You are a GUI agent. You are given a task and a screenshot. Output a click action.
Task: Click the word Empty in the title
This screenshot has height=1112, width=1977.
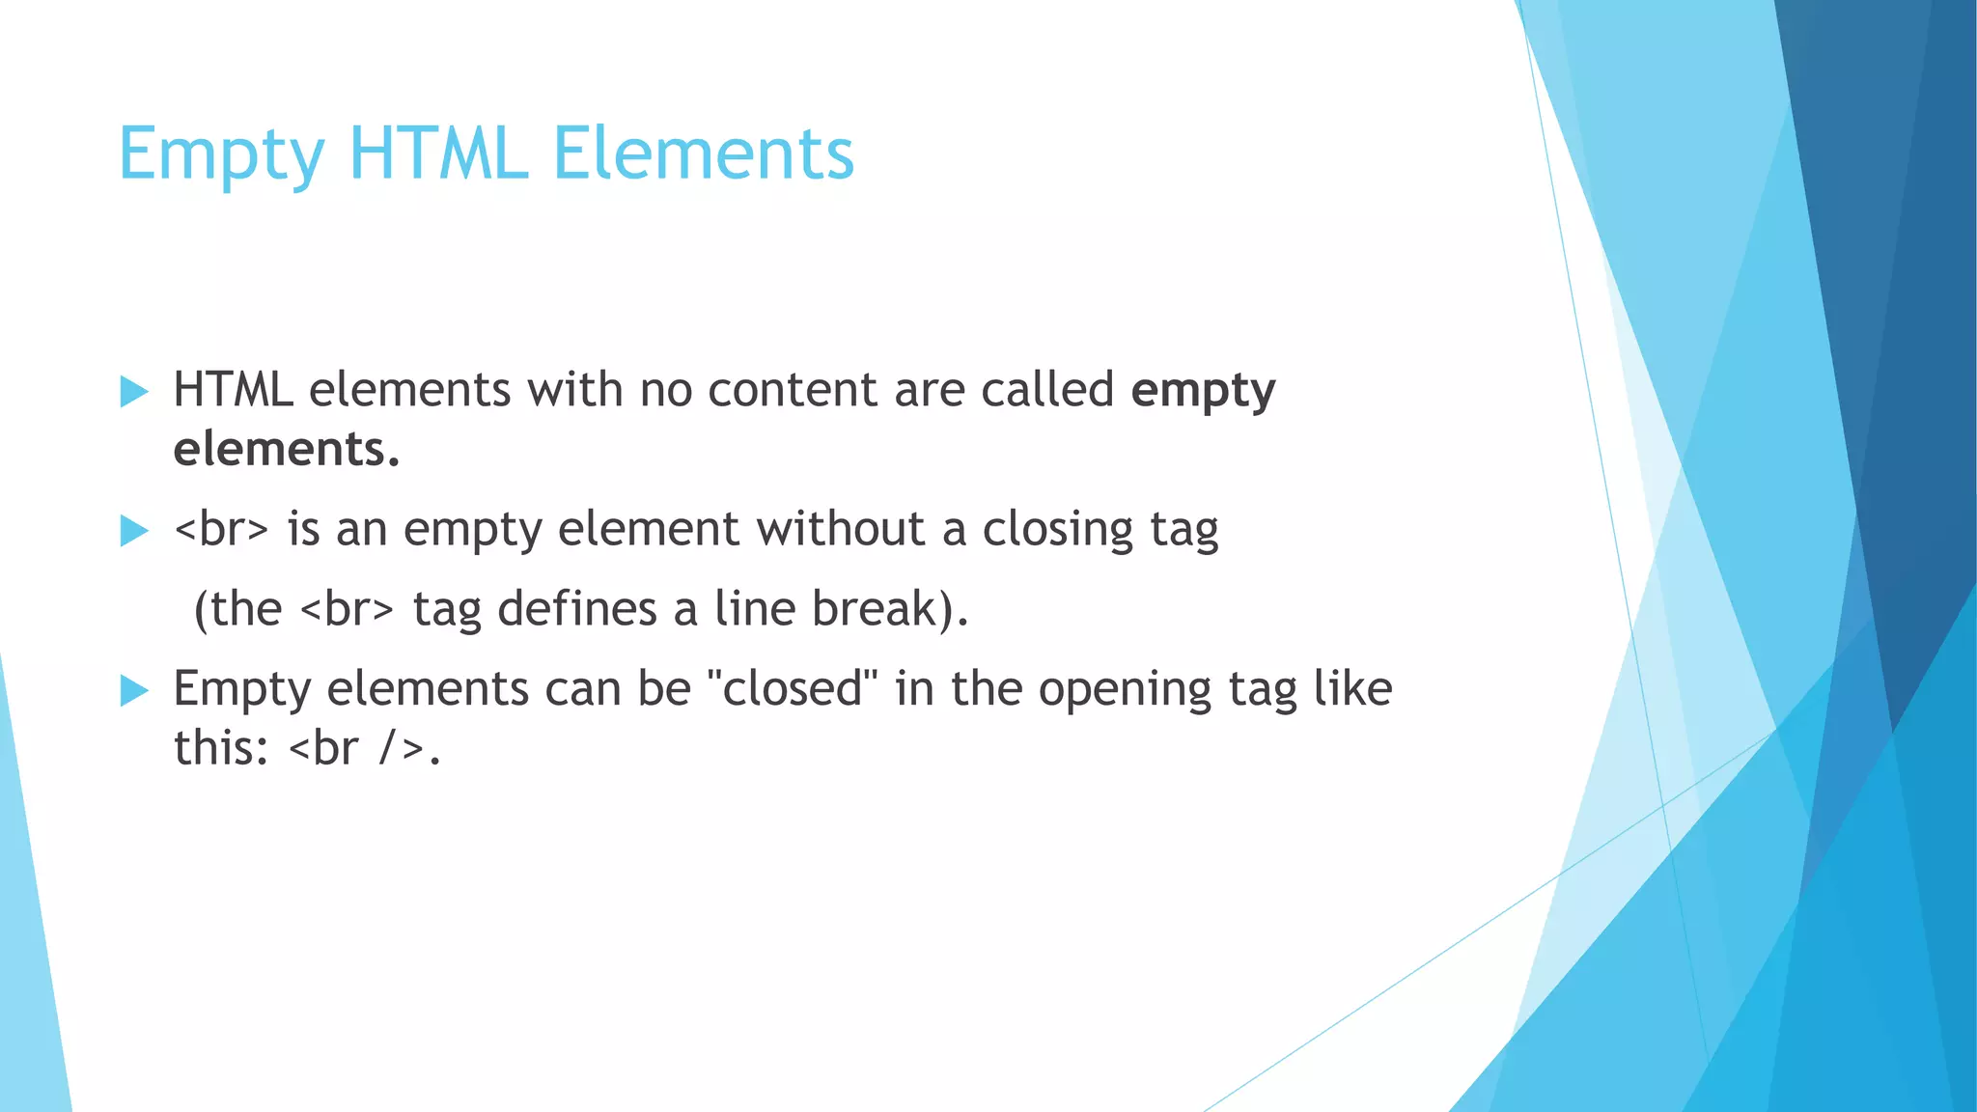click(x=221, y=154)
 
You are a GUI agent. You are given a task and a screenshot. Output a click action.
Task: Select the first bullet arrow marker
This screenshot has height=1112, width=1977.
click(x=134, y=392)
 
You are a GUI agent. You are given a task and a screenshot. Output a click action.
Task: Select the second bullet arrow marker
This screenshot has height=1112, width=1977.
click(x=134, y=531)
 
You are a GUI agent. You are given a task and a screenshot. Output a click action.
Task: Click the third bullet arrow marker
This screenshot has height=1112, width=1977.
click(x=134, y=691)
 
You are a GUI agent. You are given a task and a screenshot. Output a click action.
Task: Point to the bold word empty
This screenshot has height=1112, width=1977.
click(x=1203, y=392)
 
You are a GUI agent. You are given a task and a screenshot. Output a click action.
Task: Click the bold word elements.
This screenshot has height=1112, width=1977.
click(x=286, y=450)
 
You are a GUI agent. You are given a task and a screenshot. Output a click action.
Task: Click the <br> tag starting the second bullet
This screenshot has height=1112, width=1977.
click(x=221, y=529)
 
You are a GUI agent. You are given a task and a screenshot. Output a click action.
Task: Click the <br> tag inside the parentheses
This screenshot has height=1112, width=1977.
click(x=348, y=609)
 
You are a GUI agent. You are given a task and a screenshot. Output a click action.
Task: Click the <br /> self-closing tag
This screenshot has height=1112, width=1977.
click(x=356, y=749)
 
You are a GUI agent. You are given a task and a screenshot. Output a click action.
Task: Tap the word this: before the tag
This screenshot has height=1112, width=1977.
click(x=221, y=749)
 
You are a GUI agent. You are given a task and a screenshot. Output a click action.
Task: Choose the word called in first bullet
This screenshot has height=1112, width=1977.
click(x=1047, y=390)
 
